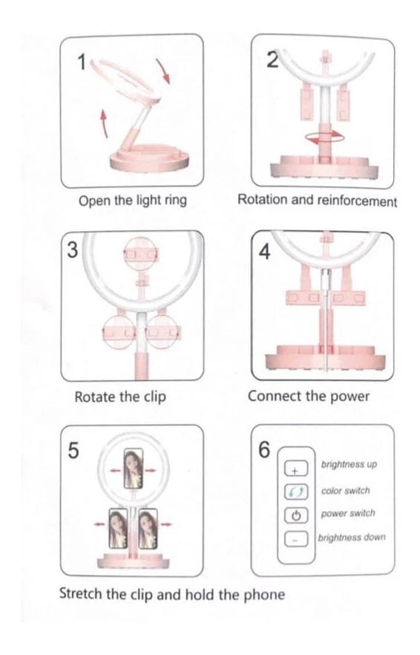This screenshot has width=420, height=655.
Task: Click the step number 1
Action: (x=82, y=62)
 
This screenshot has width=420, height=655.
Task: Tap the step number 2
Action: (x=272, y=60)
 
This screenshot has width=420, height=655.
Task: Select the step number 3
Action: (x=72, y=250)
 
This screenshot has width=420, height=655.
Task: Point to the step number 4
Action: (x=264, y=252)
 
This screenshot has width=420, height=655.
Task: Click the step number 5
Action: (x=73, y=451)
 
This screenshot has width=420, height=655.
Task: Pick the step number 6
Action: (x=264, y=449)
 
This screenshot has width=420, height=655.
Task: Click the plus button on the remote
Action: (x=296, y=469)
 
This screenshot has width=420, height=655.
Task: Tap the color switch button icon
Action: (x=296, y=492)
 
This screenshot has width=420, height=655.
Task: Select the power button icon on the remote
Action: (x=296, y=515)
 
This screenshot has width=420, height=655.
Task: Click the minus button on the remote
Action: (x=296, y=539)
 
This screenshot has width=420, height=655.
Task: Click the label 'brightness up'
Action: (x=349, y=465)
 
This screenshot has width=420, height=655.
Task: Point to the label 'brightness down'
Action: (x=352, y=537)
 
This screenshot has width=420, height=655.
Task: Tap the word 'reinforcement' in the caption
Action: (x=357, y=201)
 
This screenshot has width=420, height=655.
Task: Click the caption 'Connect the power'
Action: (x=309, y=396)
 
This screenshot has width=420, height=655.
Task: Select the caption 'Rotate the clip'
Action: (x=120, y=397)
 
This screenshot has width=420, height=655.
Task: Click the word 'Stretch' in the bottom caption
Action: (x=81, y=593)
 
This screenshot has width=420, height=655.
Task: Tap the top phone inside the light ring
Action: (x=134, y=469)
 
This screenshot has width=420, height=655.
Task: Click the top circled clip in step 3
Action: (x=141, y=254)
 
